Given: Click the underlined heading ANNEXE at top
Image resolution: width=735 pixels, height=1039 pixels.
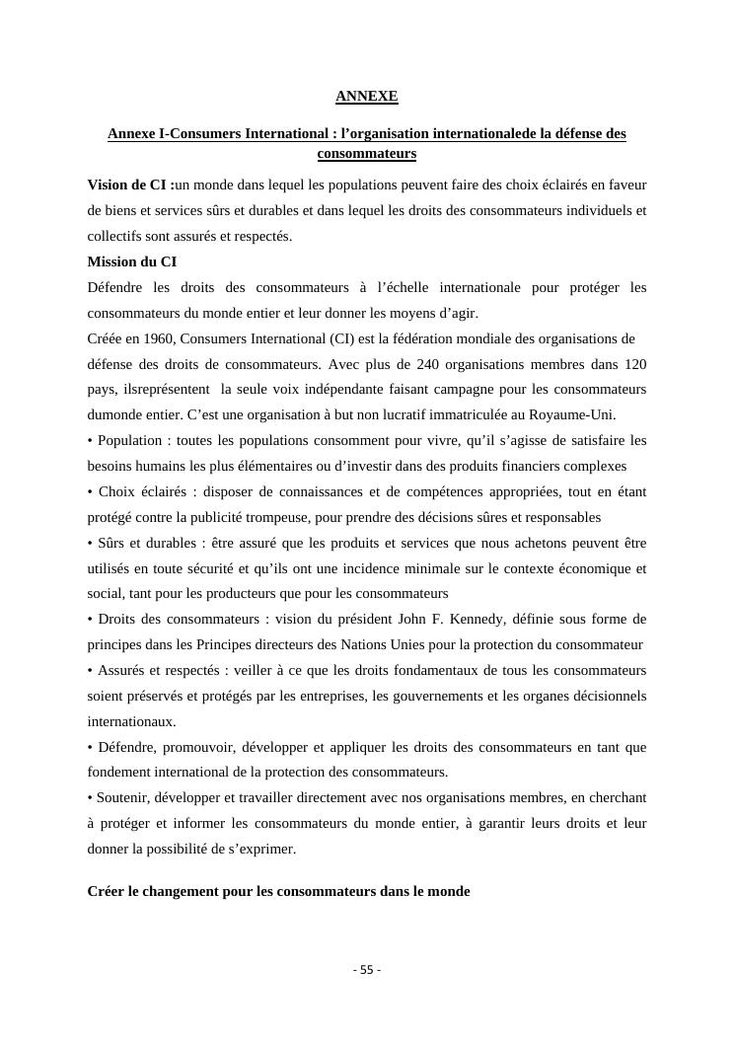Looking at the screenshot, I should pyautogui.click(x=367, y=97).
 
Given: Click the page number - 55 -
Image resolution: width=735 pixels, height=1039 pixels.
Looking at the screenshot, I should pyautogui.click(x=367, y=970).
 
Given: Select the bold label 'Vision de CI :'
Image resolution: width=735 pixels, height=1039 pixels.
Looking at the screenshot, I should pyautogui.click(x=128, y=185).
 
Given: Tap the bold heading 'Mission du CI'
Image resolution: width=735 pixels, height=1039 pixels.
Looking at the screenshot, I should pyautogui.click(x=132, y=261).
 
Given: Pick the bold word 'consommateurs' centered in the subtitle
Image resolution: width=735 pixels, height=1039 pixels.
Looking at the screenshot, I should pyautogui.click(x=367, y=154).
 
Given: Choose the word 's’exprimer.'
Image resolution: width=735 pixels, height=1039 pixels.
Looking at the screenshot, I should pyautogui.click(x=260, y=849).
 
